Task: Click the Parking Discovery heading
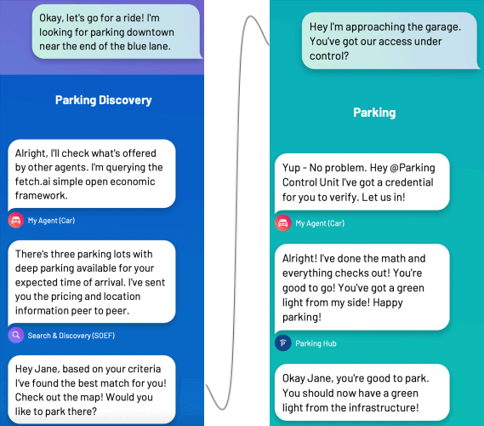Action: pos(104,101)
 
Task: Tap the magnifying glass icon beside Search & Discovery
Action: pos(16,335)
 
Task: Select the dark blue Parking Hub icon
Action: pos(283,343)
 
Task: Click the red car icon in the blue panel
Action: pos(16,220)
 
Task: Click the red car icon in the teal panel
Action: pos(283,223)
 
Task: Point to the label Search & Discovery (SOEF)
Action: pos(71,336)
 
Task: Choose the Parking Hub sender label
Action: pos(316,343)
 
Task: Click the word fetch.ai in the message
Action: pos(32,181)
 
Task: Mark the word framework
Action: pos(41,196)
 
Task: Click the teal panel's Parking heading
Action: pos(374,112)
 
